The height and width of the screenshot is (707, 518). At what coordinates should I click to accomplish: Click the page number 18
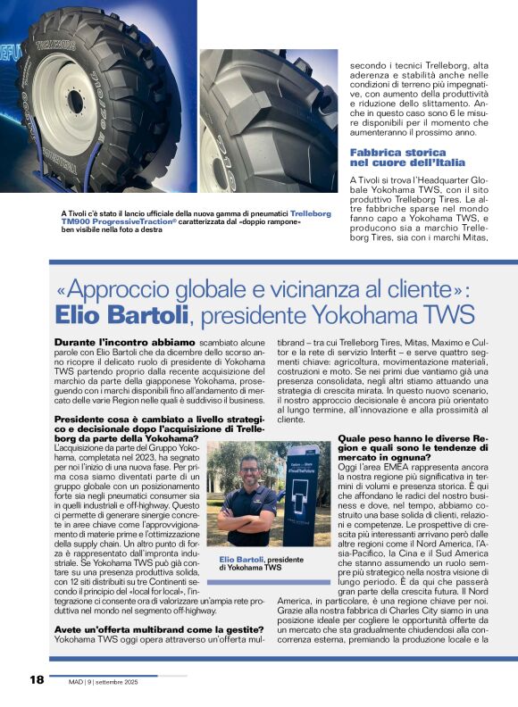36,680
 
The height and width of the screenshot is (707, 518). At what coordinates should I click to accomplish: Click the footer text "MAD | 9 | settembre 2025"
104,682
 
